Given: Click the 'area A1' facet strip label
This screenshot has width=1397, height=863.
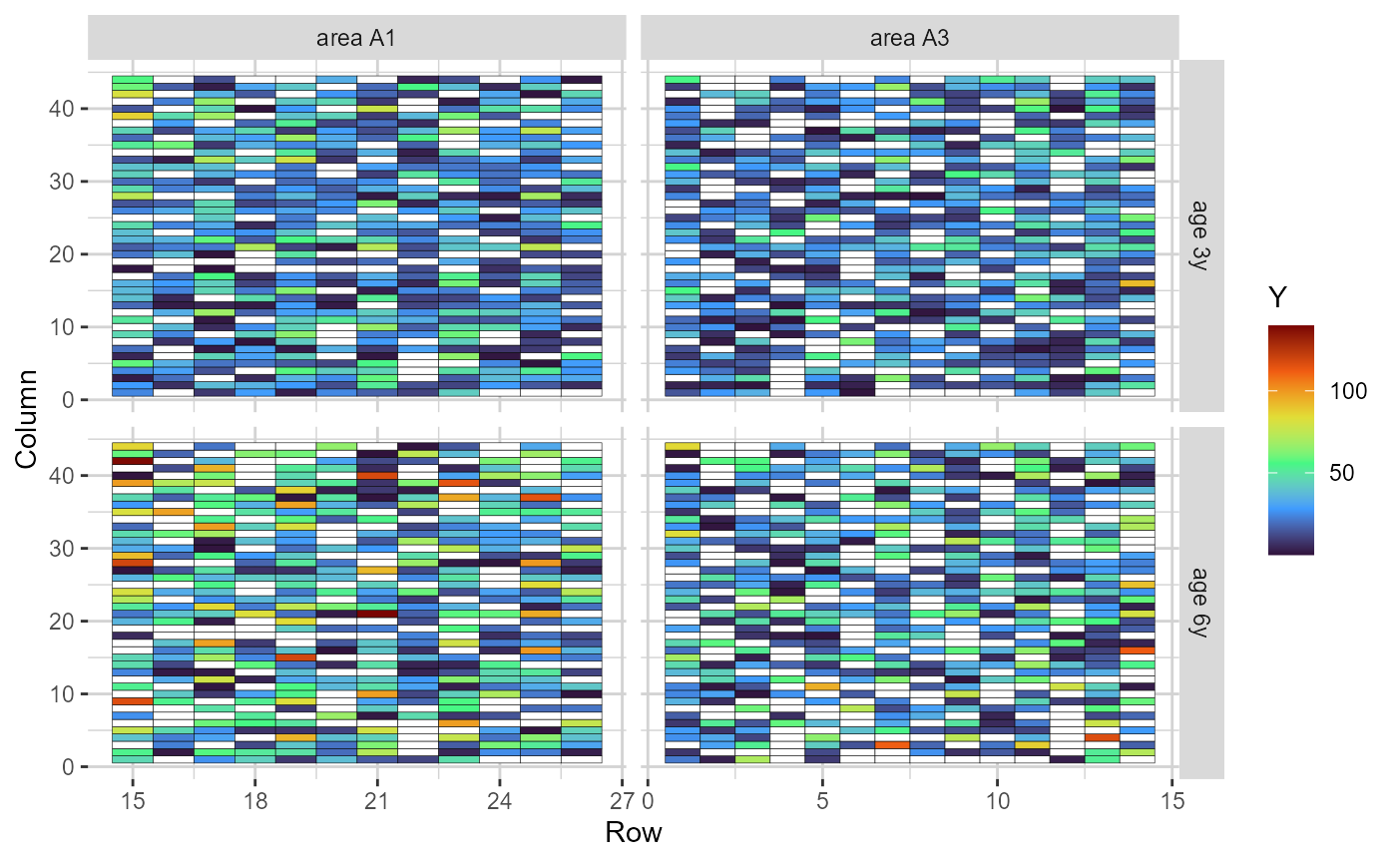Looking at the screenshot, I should pyautogui.click(x=356, y=39).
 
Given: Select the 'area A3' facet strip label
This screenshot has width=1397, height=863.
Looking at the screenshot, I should pyautogui.click(x=909, y=39).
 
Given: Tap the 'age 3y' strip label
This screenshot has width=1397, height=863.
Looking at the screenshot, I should pyautogui.click(x=1200, y=235).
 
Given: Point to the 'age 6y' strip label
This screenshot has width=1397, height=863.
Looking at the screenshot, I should pyautogui.click(x=1200, y=602).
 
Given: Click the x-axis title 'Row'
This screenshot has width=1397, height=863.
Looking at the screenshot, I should pyautogui.click(x=633, y=832).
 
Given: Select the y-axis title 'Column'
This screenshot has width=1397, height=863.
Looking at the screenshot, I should pyautogui.click(x=28, y=418).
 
